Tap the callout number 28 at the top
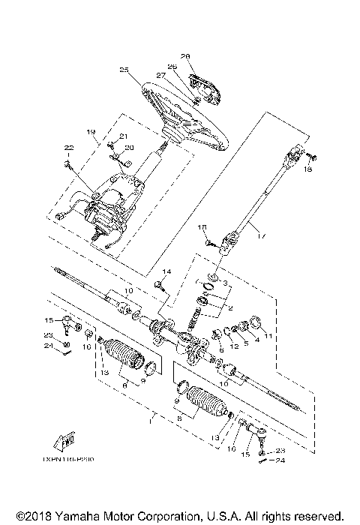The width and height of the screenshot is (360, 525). tap(185, 55)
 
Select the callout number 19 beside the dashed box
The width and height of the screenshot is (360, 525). tap(91, 132)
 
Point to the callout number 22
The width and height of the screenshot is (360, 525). tap(68, 147)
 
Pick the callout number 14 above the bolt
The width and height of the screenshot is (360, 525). tap(166, 270)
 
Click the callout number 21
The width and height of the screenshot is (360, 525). tap(124, 136)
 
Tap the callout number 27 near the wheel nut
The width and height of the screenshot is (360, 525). tap(160, 75)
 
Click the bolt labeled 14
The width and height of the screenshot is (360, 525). tap(160, 285)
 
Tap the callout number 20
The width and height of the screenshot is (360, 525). tap(128, 147)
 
